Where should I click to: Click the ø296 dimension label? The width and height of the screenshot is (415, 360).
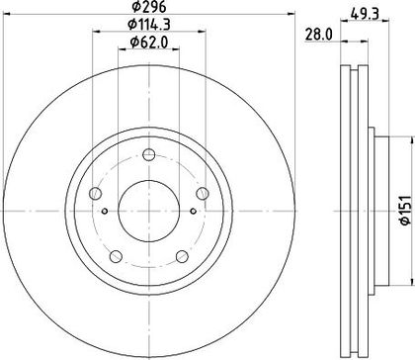tap(149, 6)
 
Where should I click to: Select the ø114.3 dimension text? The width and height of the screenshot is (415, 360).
tap(149, 24)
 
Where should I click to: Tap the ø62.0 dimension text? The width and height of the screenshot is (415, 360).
tap(149, 43)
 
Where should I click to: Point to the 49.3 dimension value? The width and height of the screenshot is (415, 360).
tap(365, 14)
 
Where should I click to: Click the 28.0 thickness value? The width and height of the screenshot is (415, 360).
tap(319, 35)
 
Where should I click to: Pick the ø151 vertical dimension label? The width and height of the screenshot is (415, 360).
tap(406, 210)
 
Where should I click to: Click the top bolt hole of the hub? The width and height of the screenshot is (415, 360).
tap(149, 154)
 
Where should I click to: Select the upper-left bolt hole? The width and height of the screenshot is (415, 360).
tap(95, 193)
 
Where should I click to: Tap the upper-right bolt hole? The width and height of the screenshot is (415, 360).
tap(203, 193)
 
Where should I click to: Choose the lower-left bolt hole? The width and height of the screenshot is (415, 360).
tap(116, 256)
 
